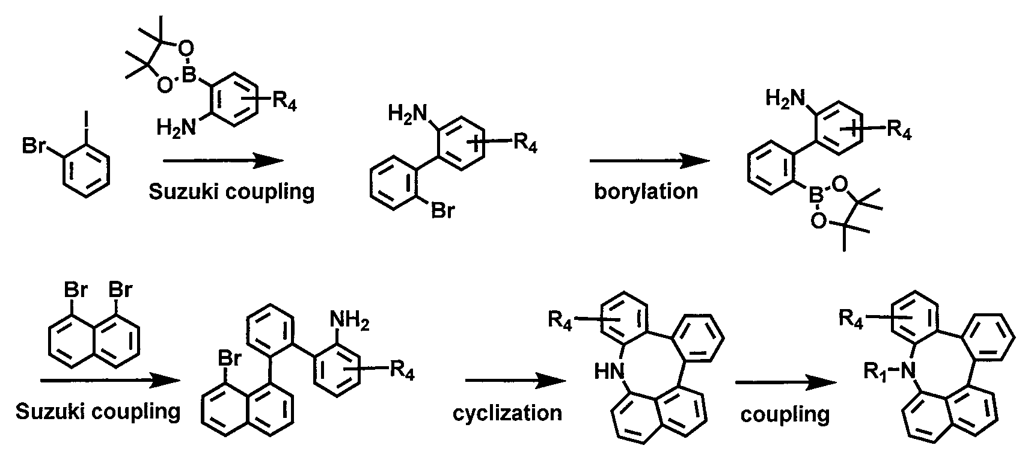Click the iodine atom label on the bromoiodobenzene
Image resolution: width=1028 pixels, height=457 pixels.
coord(85,120)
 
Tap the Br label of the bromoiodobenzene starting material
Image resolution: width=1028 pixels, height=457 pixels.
coord(34,146)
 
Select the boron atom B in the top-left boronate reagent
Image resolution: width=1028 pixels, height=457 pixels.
coord(189,75)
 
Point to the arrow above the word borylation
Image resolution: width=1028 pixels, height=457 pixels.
coord(649,161)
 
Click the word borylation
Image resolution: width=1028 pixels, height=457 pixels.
coord(646,191)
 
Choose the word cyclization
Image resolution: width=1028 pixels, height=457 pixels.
coord(507,413)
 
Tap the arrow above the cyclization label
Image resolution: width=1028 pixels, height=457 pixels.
coord(515,381)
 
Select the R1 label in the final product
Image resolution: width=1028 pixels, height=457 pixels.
coord(875,371)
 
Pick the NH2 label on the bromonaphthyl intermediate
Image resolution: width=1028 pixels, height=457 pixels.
coord(350,319)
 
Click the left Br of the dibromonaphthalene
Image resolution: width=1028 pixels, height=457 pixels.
coord(76,290)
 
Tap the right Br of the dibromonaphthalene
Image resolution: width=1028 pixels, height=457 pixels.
coord(120,290)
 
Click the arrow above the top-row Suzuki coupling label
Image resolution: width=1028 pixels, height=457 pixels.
coord(224,161)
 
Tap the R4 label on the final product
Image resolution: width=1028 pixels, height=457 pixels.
coord(851,318)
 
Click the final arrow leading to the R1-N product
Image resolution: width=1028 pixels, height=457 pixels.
coord(786,383)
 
